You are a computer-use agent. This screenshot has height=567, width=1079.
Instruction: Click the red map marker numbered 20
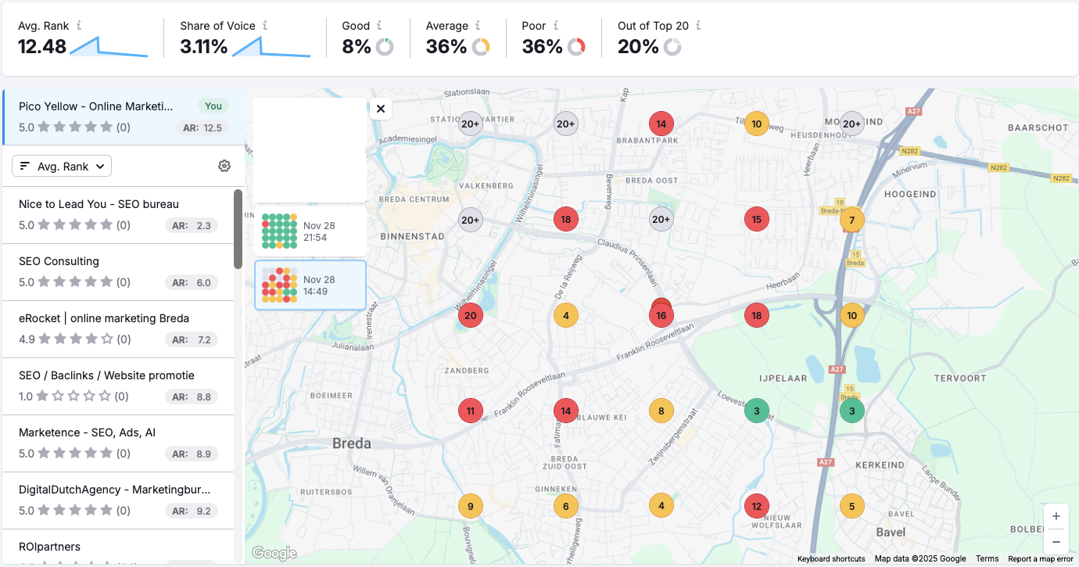point(471,316)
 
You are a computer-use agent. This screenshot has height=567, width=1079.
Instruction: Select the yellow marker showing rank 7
point(852,220)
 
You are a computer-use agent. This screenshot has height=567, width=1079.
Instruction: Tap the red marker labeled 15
point(756,220)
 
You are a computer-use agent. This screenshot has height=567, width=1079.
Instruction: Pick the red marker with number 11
point(471,411)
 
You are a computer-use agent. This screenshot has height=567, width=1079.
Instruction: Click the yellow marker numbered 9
point(470,506)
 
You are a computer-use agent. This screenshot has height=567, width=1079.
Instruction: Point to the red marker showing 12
point(756,506)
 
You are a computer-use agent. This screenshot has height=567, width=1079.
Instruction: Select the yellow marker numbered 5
point(852,506)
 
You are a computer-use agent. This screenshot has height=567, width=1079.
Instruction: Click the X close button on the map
point(381,109)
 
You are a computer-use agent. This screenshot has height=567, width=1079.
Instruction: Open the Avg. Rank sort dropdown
point(62,166)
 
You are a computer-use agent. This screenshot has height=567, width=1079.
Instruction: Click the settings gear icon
point(224,166)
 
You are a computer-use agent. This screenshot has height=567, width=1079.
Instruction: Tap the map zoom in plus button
point(1056,516)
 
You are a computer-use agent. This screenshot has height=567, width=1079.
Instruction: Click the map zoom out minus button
point(1056,541)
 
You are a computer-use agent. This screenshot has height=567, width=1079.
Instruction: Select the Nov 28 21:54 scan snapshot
point(310,231)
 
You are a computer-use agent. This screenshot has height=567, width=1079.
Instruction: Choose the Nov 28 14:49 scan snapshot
point(310,285)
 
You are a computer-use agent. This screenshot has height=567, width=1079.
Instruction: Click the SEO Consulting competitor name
point(59,261)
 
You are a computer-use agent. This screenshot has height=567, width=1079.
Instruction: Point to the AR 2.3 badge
point(192,226)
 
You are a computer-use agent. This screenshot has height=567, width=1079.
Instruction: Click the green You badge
point(213,106)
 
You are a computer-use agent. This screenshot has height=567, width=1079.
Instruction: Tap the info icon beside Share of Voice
point(265,26)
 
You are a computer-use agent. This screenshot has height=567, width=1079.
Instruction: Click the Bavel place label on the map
point(891,533)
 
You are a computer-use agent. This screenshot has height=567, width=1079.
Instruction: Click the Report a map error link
point(1040,559)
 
